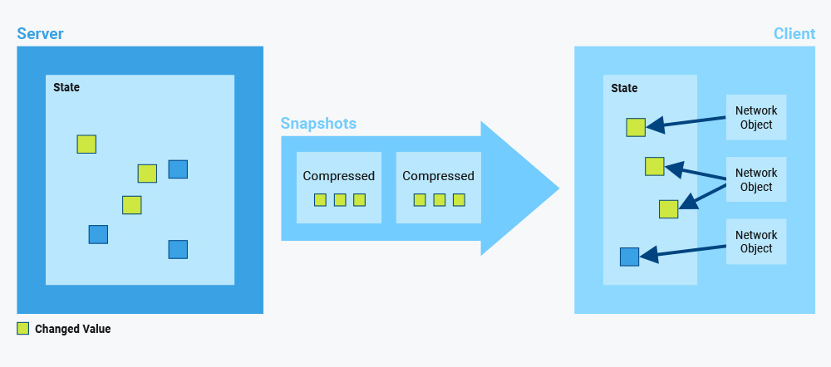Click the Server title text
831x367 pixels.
40,34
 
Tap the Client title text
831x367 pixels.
794,34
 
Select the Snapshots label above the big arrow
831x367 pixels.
318,124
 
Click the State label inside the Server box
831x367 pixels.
66,87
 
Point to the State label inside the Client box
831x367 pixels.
624,88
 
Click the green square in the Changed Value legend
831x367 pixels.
22,329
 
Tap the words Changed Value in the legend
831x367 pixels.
72,329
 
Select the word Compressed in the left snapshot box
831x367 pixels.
339,176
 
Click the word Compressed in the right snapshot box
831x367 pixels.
438,176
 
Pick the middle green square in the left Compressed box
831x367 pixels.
340,199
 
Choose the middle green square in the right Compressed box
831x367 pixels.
440,199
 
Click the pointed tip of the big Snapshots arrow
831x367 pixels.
559,188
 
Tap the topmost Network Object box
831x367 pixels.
756,118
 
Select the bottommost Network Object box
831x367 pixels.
756,242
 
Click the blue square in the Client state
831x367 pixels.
630,257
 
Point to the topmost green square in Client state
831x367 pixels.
636,128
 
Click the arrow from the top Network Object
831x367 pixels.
686,122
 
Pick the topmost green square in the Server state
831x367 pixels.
86,144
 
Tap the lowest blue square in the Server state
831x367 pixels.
178,249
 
